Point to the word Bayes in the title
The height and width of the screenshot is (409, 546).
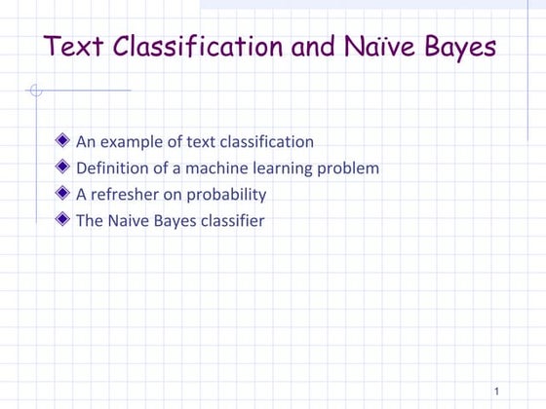click(x=456, y=47)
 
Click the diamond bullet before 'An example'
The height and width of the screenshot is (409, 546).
click(x=64, y=142)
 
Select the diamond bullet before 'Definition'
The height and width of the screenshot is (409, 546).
click(x=64, y=168)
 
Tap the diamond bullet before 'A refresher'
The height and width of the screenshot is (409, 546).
click(x=64, y=195)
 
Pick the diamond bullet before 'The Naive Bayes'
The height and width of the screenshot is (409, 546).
click(x=64, y=221)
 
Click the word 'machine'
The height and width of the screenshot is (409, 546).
click(x=214, y=168)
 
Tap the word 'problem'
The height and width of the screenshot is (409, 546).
click(x=349, y=169)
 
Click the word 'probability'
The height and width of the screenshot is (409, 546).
click(x=228, y=196)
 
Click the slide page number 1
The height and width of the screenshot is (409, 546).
click(x=496, y=391)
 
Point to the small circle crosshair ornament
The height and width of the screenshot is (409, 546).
click(x=36, y=91)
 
